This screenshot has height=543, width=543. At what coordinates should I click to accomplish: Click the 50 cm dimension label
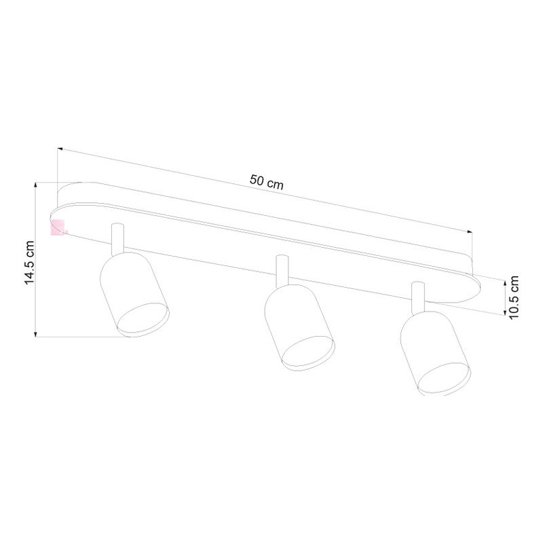click(x=266, y=181)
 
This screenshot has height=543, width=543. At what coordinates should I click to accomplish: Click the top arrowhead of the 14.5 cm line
click(x=35, y=184)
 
